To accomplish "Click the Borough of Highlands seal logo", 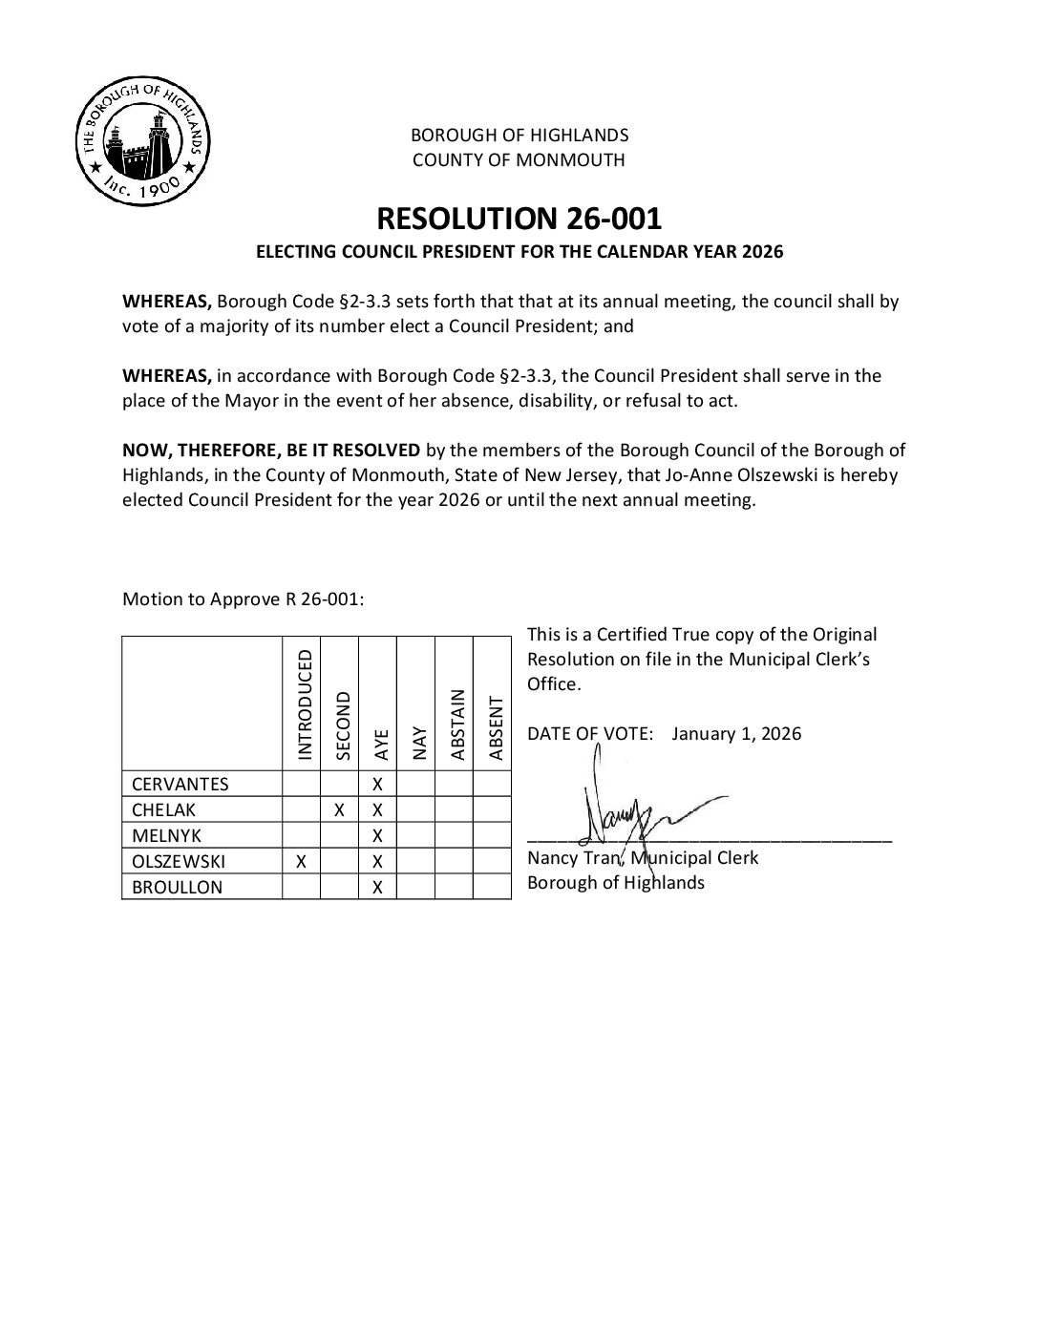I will [x=143, y=140].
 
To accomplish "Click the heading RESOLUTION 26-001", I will [x=519, y=219].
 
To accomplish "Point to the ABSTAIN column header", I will [x=456, y=724].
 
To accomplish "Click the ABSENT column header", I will [x=495, y=728].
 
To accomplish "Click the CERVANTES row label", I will [x=180, y=785].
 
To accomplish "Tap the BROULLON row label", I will [x=177, y=888].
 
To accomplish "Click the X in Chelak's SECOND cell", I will [x=339, y=810].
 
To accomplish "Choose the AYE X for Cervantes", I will [x=377, y=785].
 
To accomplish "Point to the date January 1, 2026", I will [x=736, y=734].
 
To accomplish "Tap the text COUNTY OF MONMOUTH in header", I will [x=519, y=160].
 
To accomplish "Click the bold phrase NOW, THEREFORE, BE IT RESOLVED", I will [x=271, y=451].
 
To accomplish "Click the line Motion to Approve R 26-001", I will [x=244, y=599].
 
